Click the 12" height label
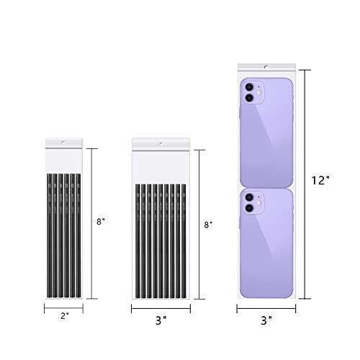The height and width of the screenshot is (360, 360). point(320,181)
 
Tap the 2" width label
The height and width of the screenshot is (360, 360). point(65,316)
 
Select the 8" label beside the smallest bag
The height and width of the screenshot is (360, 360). point(101,222)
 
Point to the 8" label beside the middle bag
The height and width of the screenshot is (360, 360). point(208,225)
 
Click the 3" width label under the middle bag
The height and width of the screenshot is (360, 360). point(161,320)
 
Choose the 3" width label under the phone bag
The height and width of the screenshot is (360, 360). point(266,320)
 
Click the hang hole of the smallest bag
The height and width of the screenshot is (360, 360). point(63,143)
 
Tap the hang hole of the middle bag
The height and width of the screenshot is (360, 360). point(161,144)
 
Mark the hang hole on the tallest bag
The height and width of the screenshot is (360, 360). point(266,67)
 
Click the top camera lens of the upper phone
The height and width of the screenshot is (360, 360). point(249,87)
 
